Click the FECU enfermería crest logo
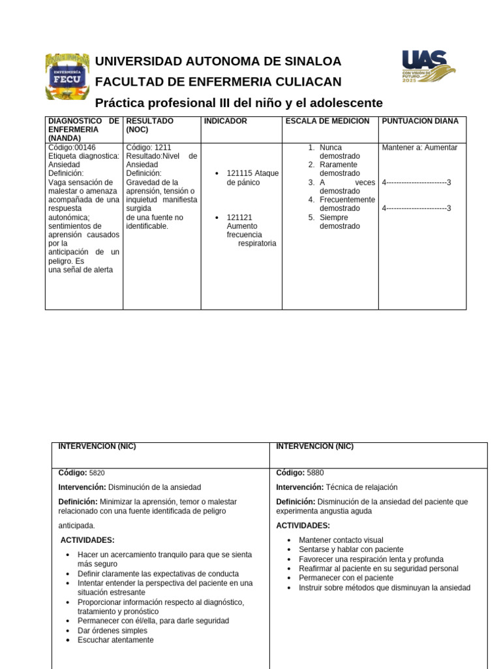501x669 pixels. (67, 76)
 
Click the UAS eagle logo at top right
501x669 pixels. (428, 66)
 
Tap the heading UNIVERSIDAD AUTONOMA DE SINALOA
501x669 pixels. (218, 61)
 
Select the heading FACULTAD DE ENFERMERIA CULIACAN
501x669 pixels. (218, 82)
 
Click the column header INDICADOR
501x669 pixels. (225, 122)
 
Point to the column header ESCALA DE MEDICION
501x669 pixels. (327, 122)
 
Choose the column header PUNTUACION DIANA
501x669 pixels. (419, 122)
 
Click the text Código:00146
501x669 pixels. (72, 148)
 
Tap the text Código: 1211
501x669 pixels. (149, 148)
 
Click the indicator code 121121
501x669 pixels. (239, 218)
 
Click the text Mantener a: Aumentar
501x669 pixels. (419, 148)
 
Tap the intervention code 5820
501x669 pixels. (97, 472)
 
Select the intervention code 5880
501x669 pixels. (314, 472)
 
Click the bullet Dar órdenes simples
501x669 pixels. (112, 630)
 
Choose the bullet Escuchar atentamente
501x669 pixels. (115, 640)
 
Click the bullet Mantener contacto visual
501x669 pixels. (341, 540)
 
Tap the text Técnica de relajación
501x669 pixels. (361, 487)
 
